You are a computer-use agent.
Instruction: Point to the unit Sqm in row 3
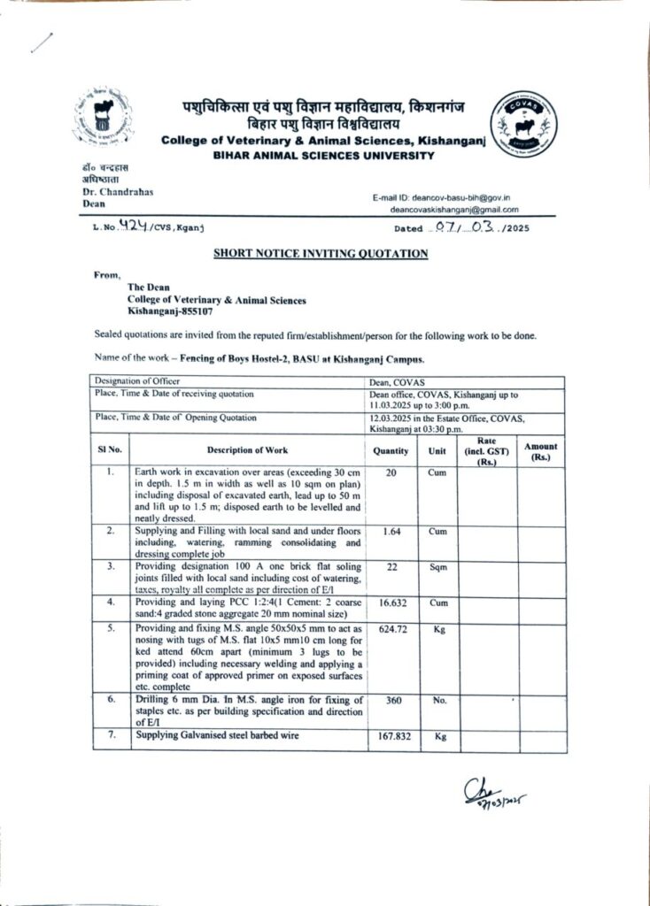pos(437,566)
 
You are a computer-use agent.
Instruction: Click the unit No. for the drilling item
pos(437,699)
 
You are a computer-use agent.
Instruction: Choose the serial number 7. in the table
pos(111,735)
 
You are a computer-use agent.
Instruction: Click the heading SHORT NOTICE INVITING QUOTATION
pos(321,254)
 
